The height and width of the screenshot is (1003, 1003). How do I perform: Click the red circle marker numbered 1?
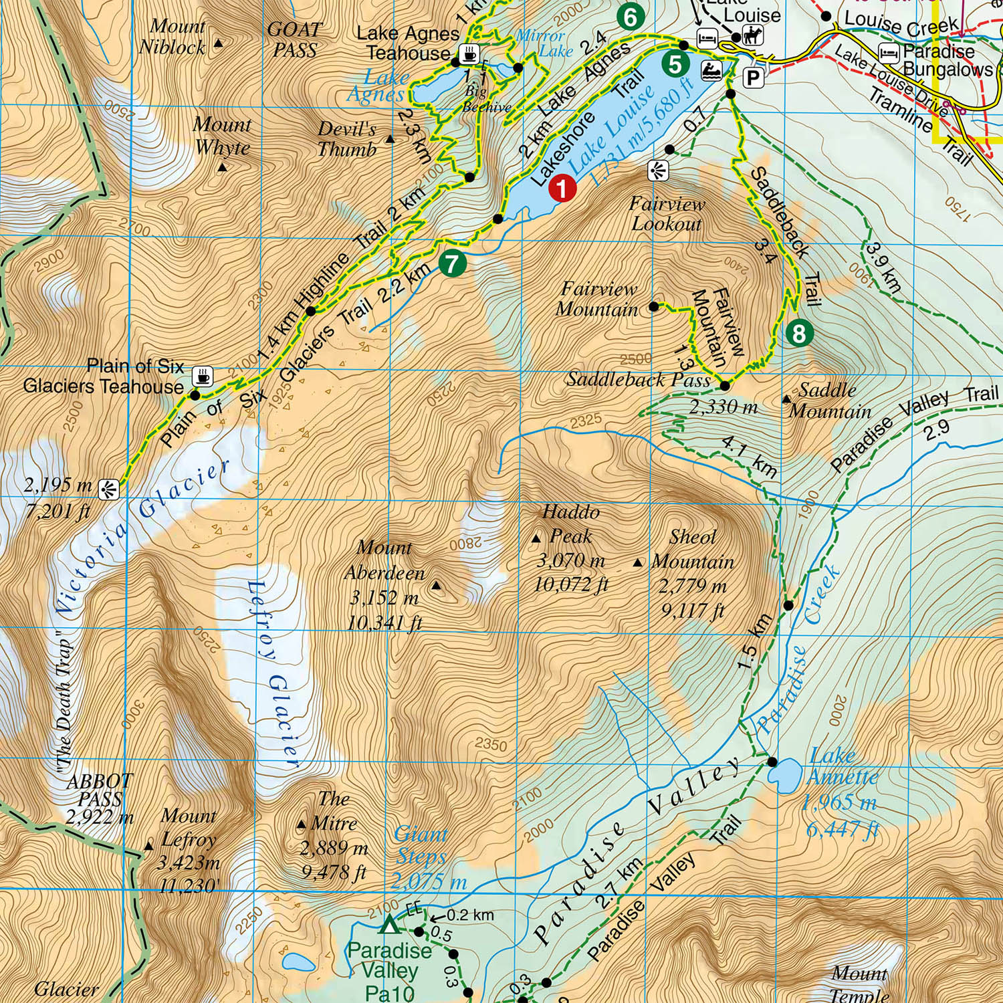(562, 188)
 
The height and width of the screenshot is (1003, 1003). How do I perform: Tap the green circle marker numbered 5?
(675, 64)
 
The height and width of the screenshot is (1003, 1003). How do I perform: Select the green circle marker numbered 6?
(630, 17)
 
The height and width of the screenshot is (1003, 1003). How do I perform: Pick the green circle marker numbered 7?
(453, 263)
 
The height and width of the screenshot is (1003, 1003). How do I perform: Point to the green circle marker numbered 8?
(799, 332)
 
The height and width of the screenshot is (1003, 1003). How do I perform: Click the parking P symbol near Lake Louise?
(754, 78)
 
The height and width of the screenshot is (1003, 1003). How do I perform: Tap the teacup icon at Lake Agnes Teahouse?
(470, 53)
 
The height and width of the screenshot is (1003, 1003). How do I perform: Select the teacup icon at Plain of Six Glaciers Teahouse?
(203, 376)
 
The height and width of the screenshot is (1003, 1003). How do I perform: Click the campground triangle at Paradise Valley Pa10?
(388, 925)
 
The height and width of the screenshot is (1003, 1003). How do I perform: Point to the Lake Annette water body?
(784, 774)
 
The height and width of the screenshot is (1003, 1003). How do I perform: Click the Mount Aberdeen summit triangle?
(437, 586)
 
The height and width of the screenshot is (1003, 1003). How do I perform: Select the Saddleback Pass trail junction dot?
(724, 386)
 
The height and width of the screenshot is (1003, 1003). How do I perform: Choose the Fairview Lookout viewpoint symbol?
(658, 171)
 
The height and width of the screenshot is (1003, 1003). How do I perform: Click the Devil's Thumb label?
(347, 139)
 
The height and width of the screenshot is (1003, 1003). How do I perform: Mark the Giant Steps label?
(420, 845)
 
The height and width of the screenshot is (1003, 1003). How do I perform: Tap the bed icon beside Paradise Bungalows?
(889, 52)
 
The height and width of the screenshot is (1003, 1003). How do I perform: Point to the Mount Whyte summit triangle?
(223, 167)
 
